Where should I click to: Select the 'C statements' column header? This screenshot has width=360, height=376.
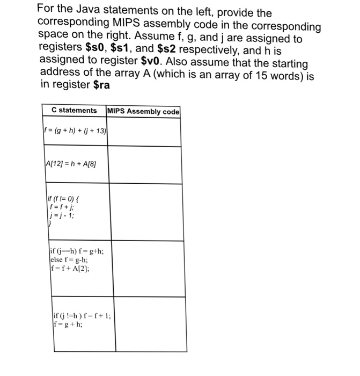click(x=74, y=111)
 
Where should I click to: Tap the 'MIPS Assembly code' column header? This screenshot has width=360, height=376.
click(x=143, y=111)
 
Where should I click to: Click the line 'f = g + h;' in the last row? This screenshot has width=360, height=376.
click(x=67, y=324)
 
